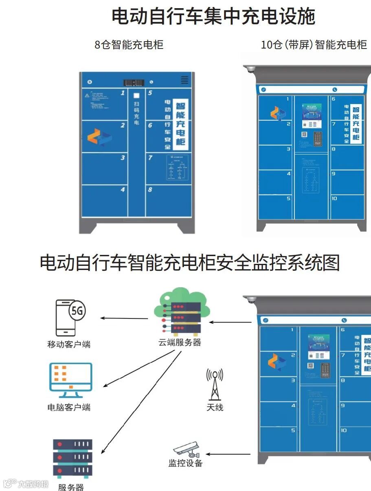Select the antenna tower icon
pyautogui.click(x=215, y=384)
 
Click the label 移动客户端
pyautogui.click(x=69, y=344)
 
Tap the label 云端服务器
pyautogui.click(x=180, y=342)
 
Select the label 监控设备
pyautogui.click(x=185, y=463)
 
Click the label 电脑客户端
pyautogui.click(x=69, y=407)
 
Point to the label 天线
pyautogui.click(x=215, y=407)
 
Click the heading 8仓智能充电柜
pyautogui.click(x=129, y=44)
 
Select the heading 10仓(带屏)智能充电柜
pyautogui.click(x=314, y=44)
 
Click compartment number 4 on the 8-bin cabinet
pyautogui.click(x=123, y=190)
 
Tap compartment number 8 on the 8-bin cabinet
pyautogui.click(x=150, y=190)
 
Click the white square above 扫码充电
pyautogui.click(x=136, y=95)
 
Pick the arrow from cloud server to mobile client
pyautogui.click(x=124, y=318)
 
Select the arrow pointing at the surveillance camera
pyautogui.click(x=228, y=454)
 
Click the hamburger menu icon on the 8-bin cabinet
pyautogui.click(x=184, y=80)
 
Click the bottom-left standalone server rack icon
pyautogui.click(x=72, y=458)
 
